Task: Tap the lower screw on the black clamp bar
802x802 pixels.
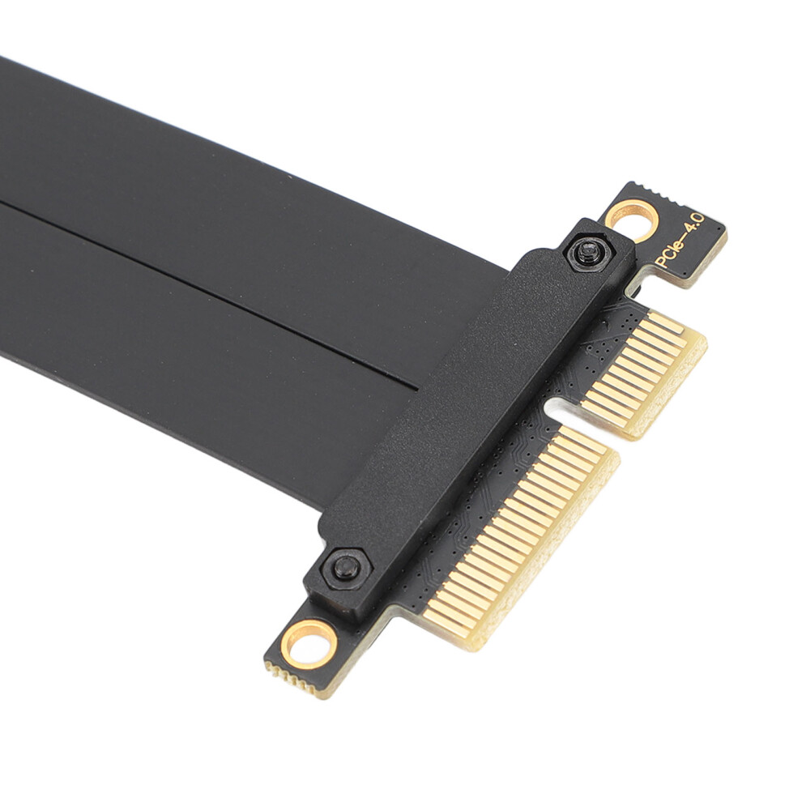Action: (x=346, y=568)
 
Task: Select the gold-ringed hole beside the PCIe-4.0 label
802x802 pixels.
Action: (x=632, y=220)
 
